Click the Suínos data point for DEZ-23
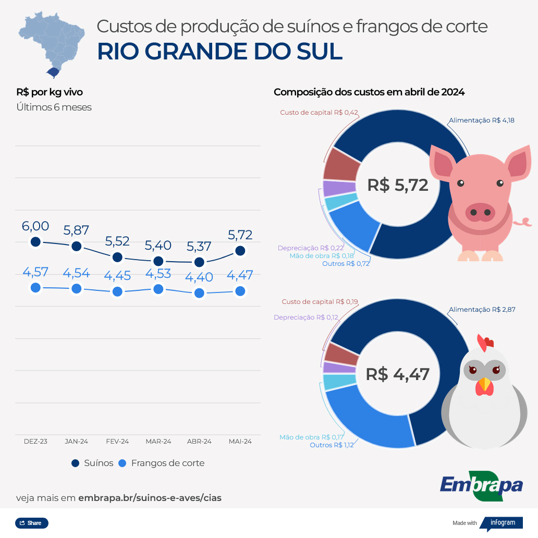click(35, 241)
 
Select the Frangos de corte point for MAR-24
click(158, 289)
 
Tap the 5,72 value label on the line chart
click(240, 235)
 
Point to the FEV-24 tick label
click(117, 441)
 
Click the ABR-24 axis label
click(199, 441)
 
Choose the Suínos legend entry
click(92, 463)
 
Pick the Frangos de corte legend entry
click(161, 463)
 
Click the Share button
click(31, 523)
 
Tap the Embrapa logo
click(481, 485)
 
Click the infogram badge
click(500, 523)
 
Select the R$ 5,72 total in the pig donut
click(397, 185)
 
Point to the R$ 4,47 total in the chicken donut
click(397, 374)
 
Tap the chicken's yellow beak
click(485, 385)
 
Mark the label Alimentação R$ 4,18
click(481, 120)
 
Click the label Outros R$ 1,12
click(332, 445)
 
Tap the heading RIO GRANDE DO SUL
click(219, 52)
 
